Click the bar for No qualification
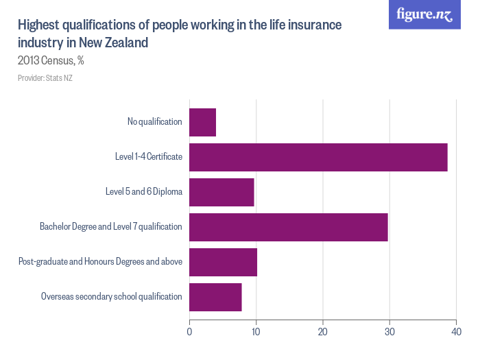click(202, 122)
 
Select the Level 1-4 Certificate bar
click(318, 157)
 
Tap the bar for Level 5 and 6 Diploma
click(221, 192)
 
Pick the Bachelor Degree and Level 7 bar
click(288, 227)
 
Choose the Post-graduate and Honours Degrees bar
click(223, 262)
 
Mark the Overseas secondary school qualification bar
click(215, 297)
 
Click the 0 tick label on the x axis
click(189, 332)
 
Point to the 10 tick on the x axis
click(256, 332)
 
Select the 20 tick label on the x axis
click(322, 332)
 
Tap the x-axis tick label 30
click(389, 332)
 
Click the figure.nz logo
click(424, 15)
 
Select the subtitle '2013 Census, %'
click(51, 60)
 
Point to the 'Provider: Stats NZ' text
click(45, 78)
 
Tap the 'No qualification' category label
click(154, 122)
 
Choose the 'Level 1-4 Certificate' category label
click(148, 157)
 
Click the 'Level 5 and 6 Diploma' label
click(143, 192)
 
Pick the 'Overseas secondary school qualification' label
click(111, 297)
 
